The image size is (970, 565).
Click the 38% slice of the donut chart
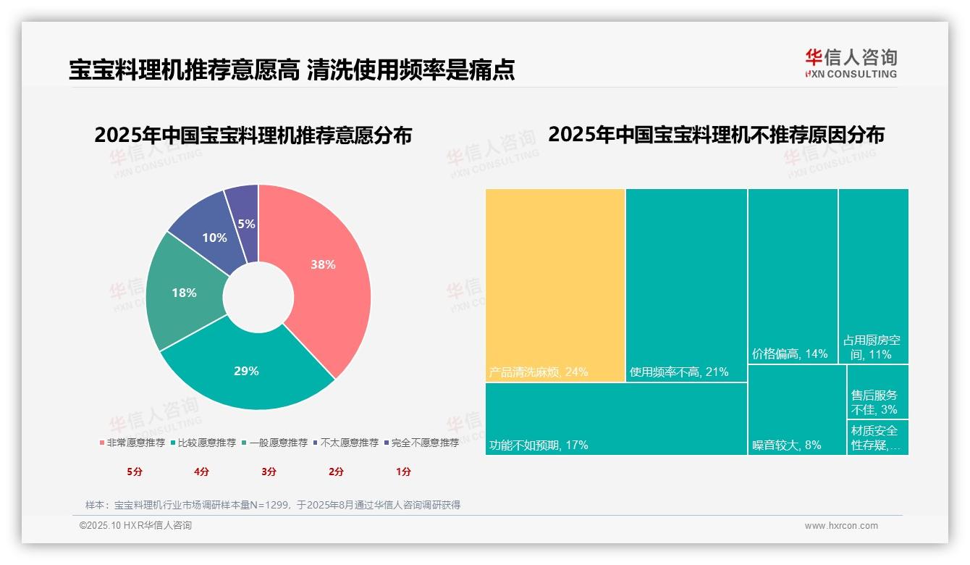click(x=322, y=265)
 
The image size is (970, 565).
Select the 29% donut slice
click(x=246, y=372)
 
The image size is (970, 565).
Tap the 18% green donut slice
click(x=184, y=293)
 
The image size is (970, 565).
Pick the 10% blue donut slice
click(x=214, y=238)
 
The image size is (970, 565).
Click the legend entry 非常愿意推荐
click(x=132, y=443)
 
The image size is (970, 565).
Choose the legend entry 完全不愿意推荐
click(x=421, y=443)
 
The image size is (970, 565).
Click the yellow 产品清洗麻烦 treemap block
click(x=555, y=285)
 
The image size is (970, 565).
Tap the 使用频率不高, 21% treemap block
click(x=686, y=285)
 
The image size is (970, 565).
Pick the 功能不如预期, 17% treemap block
click(x=616, y=419)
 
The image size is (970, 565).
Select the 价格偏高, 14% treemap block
click(x=793, y=275)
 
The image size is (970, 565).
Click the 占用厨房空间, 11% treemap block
click(x=874, y=275)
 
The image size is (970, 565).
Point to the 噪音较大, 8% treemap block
click(x=796, y=410)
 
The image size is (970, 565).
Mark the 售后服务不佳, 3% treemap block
click(x=878, y=392)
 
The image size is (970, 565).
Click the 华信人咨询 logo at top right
click(x=851, y=63)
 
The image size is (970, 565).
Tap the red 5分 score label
click(x=135, y=472)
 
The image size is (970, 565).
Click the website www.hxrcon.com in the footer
click(x=841, y=526)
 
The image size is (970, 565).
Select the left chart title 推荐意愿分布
click(x=253, y=135)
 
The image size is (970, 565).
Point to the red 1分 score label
click(x=403, y=472)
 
